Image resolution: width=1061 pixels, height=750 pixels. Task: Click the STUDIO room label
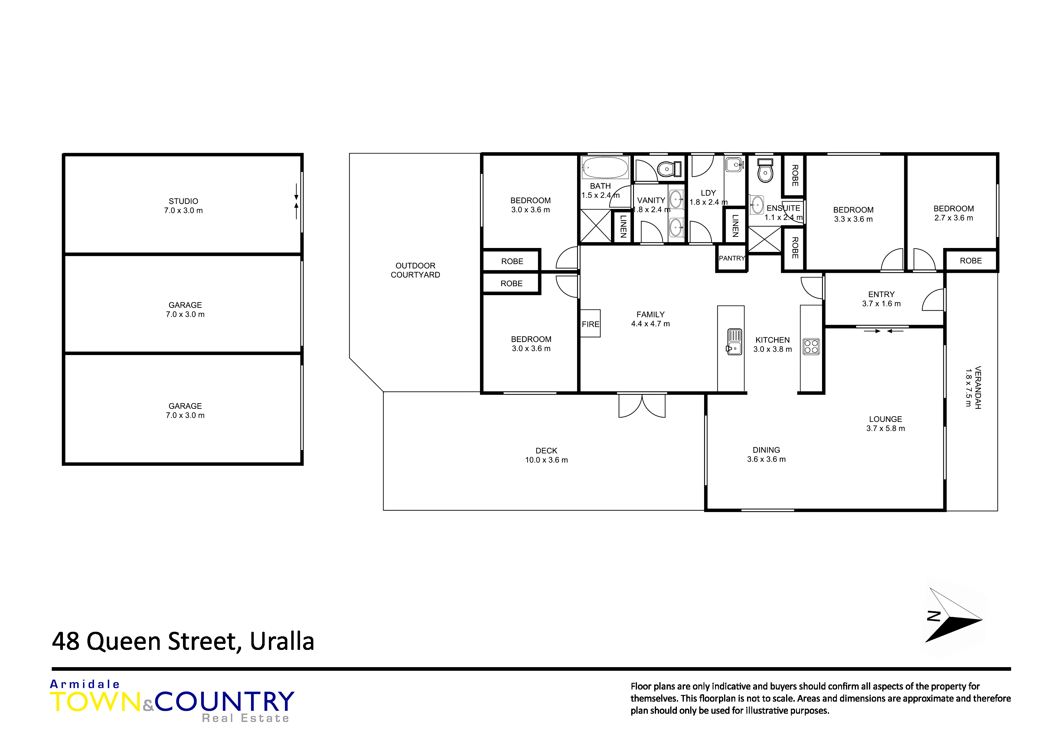[x=184, y=201]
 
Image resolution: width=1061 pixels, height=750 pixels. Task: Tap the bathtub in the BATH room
[x=605, y=167]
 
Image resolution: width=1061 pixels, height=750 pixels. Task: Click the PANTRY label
[x=732, y=258]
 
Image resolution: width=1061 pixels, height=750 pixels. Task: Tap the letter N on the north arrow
[x=934, y=616]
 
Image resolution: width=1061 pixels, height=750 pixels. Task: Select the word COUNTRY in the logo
[x=225, y=702]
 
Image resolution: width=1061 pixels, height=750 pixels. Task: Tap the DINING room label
[x=766, y=450]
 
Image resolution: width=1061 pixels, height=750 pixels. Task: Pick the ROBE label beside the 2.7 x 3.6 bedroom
[x=971, y=261]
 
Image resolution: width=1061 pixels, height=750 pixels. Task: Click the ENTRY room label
[x=881, y=294]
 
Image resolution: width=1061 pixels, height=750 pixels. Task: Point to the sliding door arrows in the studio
[x=296, y=201]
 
